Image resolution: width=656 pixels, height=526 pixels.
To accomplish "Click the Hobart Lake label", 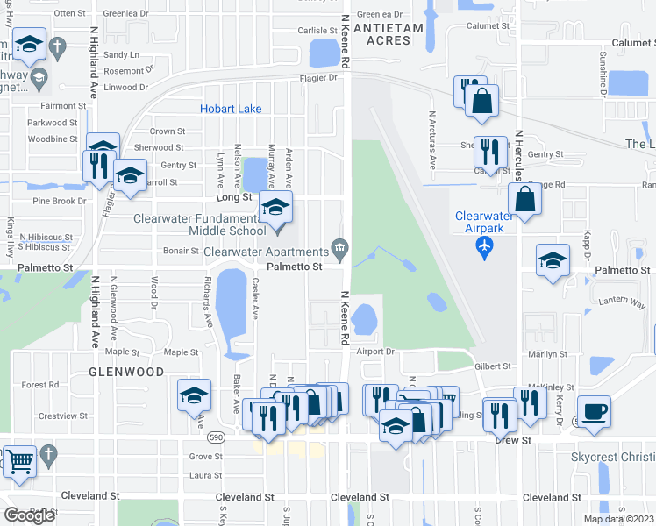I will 231,109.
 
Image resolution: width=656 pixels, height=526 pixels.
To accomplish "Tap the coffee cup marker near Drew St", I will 594,412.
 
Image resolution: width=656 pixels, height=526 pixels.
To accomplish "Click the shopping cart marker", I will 18,461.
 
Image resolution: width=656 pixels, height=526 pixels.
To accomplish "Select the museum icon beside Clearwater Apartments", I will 338,245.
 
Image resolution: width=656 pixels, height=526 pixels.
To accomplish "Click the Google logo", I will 29,515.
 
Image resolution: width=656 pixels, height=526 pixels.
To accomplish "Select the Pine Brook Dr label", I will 60,201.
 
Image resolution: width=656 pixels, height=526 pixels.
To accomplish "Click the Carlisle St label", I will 317,30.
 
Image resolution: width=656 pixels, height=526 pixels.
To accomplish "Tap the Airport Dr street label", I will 377,352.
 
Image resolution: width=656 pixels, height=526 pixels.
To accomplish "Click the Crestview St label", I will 61,416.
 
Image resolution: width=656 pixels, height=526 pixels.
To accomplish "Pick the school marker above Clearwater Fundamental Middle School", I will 276,210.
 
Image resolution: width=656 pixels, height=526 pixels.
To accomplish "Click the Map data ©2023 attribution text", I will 617,519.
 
